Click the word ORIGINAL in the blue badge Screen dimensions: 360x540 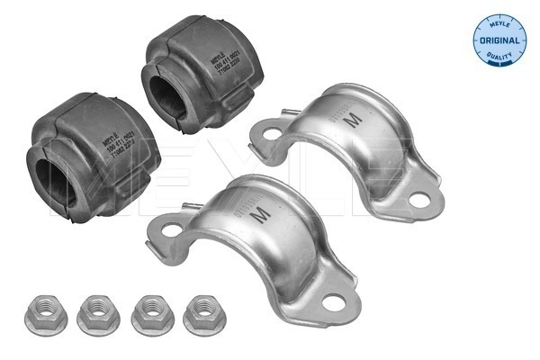tap(499, 41)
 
